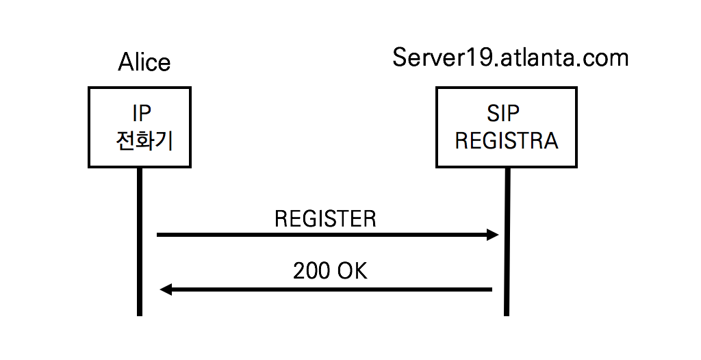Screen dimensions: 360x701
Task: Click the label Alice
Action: click(x=144, y=62)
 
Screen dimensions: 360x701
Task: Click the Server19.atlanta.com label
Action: click(x=510, y=57)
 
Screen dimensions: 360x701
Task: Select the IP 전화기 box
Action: click(x=139, y=127)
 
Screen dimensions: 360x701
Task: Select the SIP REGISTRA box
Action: click(x=507, y=127)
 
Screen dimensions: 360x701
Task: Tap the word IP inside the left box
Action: click(x=140, y=114)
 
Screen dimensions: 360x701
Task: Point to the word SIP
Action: click(x=507, y=114)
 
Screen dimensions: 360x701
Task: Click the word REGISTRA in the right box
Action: click(x=507, y=141)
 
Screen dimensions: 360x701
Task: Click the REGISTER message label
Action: click(x=325, y=219)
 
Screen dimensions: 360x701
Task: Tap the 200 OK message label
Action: click(x=330, y=271)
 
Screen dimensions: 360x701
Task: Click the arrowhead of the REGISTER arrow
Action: click(x=493, y=235)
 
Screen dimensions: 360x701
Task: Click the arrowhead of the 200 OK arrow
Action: click(x=165, y=290)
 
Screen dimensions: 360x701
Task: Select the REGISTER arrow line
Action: click(x=322, y=235)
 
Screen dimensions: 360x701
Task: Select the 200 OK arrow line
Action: click(x=329, y=290)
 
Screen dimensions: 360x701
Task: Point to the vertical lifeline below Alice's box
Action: click(x=139, y=260)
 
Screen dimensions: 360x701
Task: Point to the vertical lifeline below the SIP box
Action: click(x=507, y=260)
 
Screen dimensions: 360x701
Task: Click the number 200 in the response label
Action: click(x=311, y=271)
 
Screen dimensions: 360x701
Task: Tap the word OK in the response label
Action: click(x=352, y=271)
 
